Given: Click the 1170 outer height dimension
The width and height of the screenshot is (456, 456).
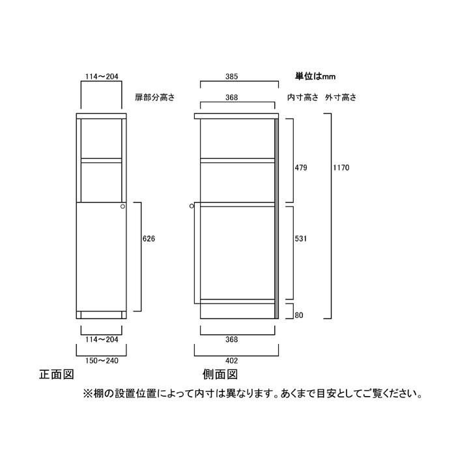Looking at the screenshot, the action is tap(341, 168).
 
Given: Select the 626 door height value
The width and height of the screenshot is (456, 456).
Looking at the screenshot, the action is tap(149, 239).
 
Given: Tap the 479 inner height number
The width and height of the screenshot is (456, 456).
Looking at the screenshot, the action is tap(301, 168).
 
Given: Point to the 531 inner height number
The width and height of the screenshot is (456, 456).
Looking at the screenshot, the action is tap(301, 239).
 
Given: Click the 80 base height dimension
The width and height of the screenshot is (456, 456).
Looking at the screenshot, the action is tap(298, 315).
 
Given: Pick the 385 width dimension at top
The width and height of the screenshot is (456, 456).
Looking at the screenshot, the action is tap(231, 76).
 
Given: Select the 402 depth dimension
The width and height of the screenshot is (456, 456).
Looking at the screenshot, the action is tap(231, 361).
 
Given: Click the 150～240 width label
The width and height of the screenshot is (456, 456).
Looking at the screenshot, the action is tap(102, 361).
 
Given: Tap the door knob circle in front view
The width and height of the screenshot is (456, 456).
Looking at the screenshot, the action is tap(122, 207).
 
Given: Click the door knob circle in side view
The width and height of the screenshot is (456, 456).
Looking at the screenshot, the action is tap(192, 207).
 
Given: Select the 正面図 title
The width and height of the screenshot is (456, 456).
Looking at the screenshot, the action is tap(57, 375).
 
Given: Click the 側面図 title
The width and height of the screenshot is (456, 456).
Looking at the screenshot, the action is tap(220, 375).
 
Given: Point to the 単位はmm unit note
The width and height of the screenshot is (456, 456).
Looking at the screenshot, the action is tap(315, 76).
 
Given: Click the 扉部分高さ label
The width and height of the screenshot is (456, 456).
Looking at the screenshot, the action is tap(155, 98).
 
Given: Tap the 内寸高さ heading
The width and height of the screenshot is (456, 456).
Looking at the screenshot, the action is tap(303, 98).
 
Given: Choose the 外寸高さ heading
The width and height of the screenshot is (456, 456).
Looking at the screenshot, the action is tap(341, 98).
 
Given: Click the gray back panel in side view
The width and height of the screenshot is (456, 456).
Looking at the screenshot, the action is tap(277, 218).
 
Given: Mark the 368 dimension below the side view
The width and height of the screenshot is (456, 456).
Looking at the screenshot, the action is tap(231, 339).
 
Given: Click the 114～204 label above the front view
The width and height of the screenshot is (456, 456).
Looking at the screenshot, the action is tap(102, 76).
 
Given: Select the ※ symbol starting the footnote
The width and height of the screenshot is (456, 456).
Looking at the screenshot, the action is tap(87, 394).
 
